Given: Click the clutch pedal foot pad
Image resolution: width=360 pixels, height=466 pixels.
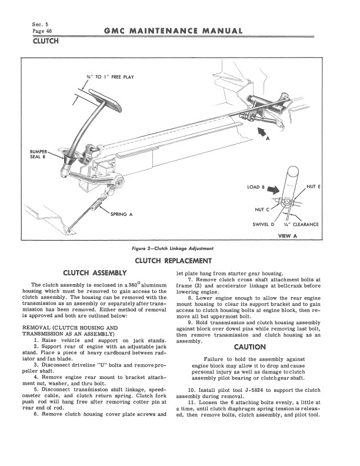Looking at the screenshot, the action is tap(105, 99).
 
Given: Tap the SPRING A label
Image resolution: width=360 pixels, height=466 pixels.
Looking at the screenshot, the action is tap(121, 214).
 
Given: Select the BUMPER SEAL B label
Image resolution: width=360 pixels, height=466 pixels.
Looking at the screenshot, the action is tap(38, 154).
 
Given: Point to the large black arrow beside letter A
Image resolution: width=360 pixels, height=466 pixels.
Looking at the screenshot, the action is tap(262, 132).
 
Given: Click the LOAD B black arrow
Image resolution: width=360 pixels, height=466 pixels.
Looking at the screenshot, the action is tap(274, 189).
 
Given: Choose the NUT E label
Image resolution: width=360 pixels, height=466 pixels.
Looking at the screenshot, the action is tap(314, 187).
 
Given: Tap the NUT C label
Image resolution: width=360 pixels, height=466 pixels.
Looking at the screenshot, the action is tap(262, 209).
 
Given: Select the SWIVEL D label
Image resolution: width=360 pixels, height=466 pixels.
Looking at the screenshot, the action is tap(263, 224).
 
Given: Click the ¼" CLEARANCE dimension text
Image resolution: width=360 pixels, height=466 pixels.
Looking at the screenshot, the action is tap(301, 224).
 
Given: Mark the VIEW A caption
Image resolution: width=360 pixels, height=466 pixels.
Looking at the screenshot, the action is tap(287, 236).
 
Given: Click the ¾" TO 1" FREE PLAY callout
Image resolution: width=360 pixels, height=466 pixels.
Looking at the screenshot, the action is tap(109, 77).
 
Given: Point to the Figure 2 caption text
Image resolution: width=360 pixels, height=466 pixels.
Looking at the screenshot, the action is tap(172, 248).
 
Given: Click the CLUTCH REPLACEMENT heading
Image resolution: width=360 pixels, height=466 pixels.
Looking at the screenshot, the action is tap(173, 261).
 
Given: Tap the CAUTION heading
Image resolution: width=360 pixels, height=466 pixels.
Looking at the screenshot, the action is tap(250, 347).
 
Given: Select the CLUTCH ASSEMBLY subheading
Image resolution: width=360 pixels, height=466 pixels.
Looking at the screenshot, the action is tap(95, 273).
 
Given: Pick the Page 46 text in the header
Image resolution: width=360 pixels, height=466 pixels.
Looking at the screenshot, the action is tap(42, 31).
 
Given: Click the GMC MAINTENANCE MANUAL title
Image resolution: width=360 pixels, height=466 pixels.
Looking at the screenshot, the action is tap(174, 31).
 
